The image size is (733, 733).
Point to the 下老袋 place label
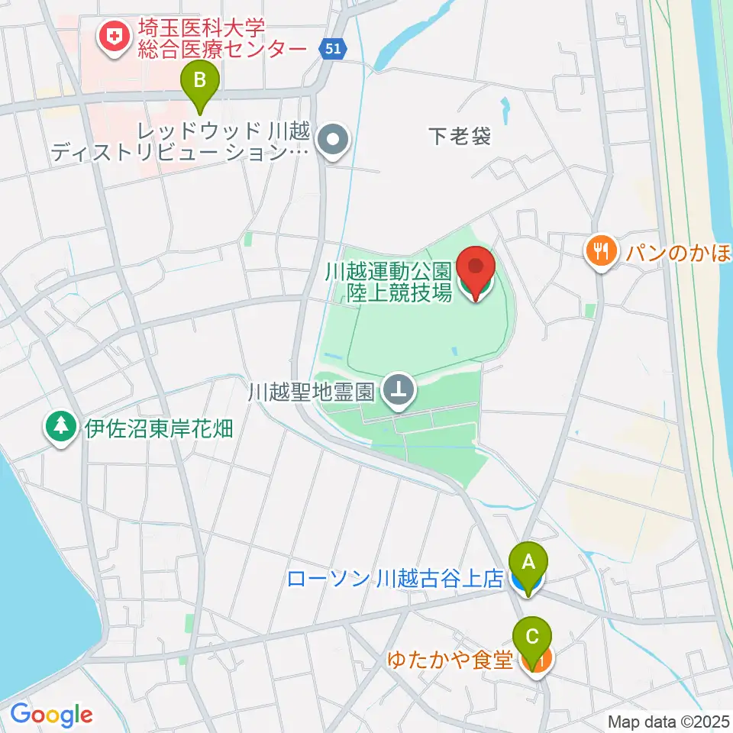coord(458,137)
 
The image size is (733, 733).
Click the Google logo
coord(51,715)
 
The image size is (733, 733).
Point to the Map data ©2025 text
coord(669,721)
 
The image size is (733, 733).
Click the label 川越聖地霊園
coord(311,393)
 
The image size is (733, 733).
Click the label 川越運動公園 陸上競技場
coord(388,281)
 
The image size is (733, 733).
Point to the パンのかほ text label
coord(676,250)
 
